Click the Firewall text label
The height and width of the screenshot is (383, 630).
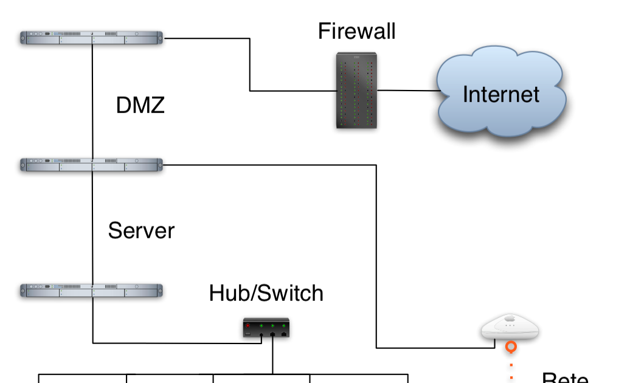356,31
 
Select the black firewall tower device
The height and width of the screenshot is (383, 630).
357,91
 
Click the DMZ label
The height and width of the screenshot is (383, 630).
140,106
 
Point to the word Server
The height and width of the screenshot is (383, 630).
141,231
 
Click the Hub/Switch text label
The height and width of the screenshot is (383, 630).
266,293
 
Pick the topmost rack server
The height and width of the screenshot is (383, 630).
92,38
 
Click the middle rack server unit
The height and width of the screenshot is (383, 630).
92,164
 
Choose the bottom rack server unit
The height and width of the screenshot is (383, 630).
92,290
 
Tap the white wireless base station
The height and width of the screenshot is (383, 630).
510,328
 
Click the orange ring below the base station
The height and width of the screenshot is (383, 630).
511,347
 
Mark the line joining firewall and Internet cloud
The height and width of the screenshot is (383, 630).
407,91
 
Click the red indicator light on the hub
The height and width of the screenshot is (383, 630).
249,325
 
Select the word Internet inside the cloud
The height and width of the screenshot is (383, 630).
500,94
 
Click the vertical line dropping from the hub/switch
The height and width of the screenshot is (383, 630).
272,356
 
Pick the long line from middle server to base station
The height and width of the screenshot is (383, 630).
376,255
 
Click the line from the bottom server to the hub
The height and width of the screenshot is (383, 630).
176,343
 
